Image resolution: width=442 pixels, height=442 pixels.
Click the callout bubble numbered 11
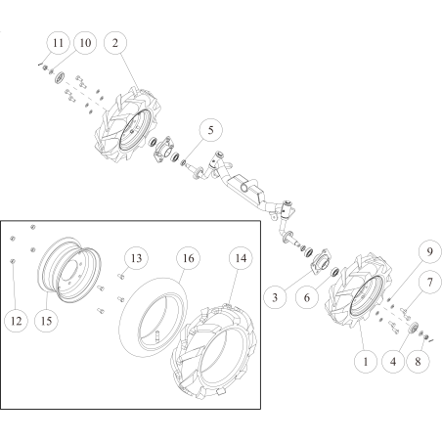[x=58, y=43]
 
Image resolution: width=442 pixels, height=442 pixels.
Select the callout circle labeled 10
[x=85, y=43]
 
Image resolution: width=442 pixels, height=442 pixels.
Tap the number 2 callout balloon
[x=115, y=43]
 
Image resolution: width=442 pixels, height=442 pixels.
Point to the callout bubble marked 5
[x=211, y=130]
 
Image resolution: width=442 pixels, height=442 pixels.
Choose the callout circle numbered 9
[x=429, y=251]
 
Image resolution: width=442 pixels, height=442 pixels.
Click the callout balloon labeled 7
[x=429, y=282]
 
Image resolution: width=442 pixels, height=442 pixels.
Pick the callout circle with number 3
[x=275, y=297]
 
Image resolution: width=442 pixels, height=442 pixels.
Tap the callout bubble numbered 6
[x=307, y=297]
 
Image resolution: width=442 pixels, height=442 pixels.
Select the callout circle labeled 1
[x=366, y=362]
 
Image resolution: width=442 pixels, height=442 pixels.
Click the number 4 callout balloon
[x=393, y=362]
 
